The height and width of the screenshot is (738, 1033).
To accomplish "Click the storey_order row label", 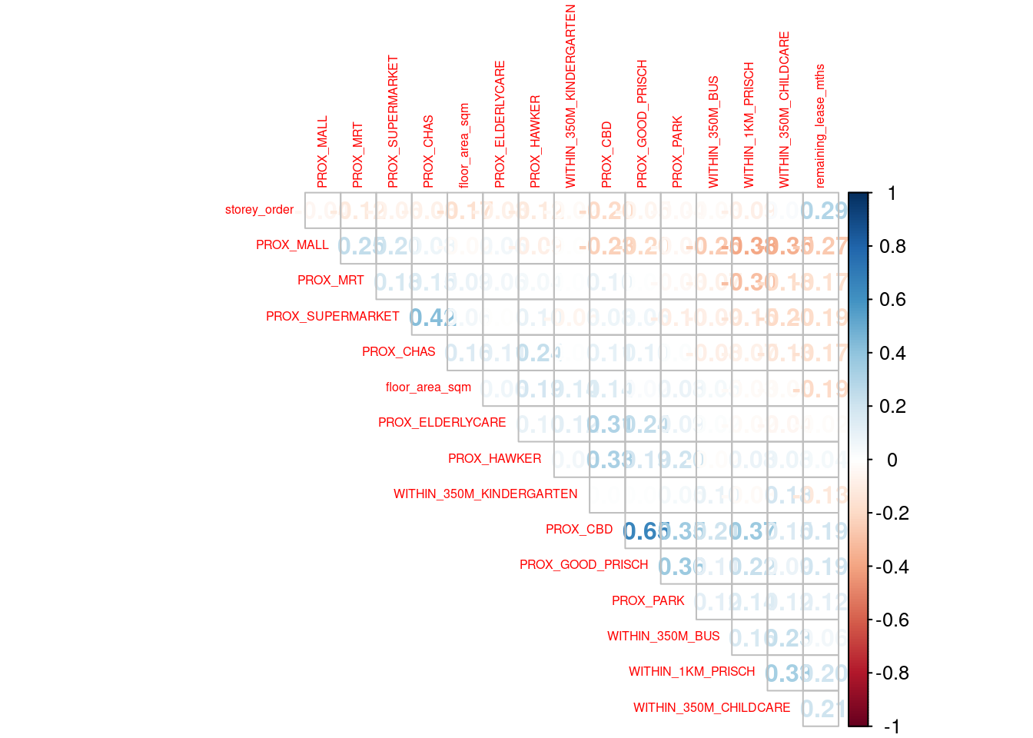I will click(259, 210).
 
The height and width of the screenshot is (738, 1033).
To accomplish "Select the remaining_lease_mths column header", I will click(820, 125).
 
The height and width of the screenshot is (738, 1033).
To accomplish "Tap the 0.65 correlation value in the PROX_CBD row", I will click(641, 530).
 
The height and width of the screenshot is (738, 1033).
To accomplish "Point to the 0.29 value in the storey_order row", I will click(822, 211).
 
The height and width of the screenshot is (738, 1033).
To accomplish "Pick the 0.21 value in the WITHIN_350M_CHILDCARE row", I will click(821, 708).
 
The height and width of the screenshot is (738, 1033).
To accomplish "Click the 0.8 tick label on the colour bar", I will click(892, 246).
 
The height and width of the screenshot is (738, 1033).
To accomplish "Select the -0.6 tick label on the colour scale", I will click(892, 620).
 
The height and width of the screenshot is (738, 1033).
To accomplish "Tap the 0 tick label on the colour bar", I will click(892, 460).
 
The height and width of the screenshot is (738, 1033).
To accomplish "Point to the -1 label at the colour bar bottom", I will click(892, 726).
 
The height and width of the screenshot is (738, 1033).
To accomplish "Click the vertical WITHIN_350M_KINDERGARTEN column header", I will click(570, 96).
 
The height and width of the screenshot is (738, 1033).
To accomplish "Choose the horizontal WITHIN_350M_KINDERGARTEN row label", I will click(485, 494).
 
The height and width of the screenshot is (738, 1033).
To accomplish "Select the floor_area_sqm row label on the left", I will click(428, 387).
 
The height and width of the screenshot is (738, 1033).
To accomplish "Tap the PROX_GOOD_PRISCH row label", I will click(583, 565).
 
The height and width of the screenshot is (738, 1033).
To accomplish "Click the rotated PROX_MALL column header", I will click(322, 151).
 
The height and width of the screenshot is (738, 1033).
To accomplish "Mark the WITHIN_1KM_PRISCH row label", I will click(692, 672).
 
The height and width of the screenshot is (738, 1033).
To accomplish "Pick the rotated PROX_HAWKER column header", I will click(535, 141).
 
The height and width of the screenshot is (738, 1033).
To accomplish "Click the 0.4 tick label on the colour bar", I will click(892, 353).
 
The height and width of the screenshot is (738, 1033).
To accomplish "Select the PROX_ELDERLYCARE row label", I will click(442, 423).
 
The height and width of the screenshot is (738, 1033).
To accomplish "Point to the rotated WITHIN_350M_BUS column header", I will click(713, 131).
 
